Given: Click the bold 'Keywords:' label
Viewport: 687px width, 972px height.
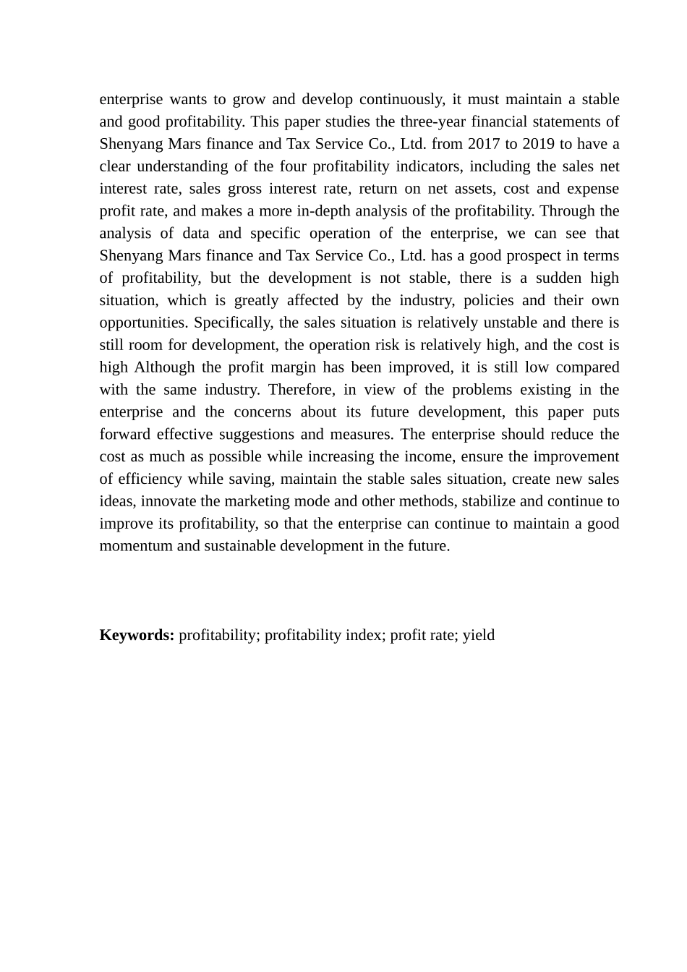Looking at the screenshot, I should click(x=137, y=636).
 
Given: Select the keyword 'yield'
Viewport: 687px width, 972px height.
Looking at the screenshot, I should click(x=479, y=636).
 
